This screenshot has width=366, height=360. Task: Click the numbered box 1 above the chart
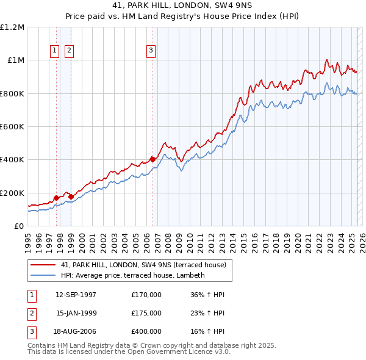[55, 51]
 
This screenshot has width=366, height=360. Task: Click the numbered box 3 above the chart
[151, 51]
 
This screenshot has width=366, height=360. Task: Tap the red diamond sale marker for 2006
[152, 160]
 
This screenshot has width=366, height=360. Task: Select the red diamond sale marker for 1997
[57, 198]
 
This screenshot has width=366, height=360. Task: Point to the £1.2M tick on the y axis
[12, 27]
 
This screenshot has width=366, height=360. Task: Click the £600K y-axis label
[12, 126]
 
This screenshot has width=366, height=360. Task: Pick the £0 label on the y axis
[18, 226]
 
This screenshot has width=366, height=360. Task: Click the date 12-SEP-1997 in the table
[76, 295]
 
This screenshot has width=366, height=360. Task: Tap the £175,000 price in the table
[146, 313]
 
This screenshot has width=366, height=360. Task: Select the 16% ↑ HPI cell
[207, 331]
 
